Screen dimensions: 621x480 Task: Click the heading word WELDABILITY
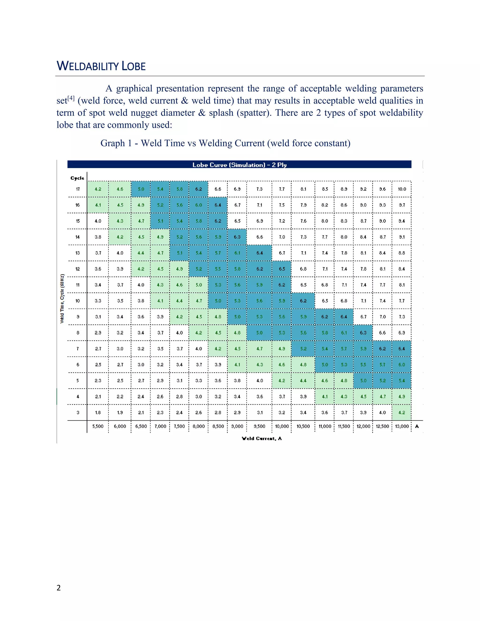[x=87, y=66]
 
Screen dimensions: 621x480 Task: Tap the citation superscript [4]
[x=71, y=98]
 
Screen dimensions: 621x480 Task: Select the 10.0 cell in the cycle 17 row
[x=401, y=189]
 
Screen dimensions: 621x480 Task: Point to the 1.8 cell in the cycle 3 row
[x=98, y=413]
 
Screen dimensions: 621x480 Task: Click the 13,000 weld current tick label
[x=401, y=426]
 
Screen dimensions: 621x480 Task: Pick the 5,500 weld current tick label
[x=98, y=426]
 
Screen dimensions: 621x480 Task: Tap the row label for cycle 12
[x=78, y=269]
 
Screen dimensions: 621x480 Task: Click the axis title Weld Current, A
[x=262, y=438]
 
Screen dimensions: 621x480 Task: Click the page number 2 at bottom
[x=59, y=588]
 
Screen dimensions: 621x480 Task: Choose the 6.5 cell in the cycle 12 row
[x=281, y=269]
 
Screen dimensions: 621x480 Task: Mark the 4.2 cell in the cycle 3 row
[x=401, y=413]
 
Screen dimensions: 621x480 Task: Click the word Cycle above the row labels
[x=77, y=178]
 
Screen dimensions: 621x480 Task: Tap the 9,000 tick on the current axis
[x=237, y=426]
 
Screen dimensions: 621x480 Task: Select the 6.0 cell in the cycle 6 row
[x=401, y=365]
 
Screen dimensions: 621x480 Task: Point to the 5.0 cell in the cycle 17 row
[x=141, y=189]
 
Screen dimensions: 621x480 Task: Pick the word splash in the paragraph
[x=221, y=113]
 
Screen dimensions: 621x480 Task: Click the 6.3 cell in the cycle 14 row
[x=237, y=237]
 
